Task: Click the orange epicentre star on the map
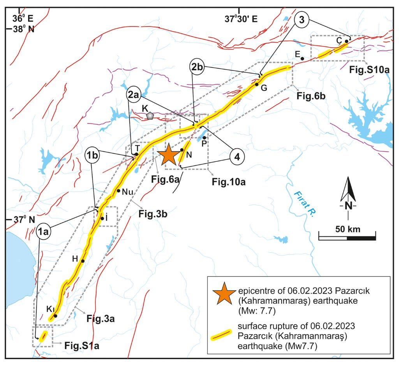tap(169, 154)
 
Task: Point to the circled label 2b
tap(198, 67)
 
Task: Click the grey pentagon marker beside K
tap(150, 116)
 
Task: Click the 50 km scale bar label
tap(346, 228)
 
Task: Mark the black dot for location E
tap(302, 58)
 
